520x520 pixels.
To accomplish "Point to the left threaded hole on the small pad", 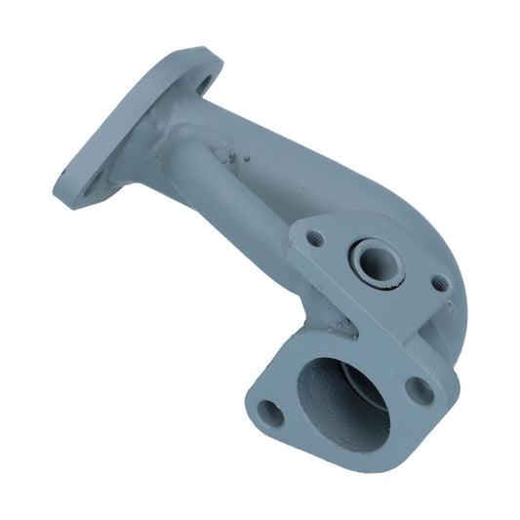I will [313, 238].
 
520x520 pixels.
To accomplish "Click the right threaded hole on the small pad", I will [439, 284].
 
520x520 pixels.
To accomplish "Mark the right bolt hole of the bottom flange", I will [420, 390].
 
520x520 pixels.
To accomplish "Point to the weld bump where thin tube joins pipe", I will [226, 153].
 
